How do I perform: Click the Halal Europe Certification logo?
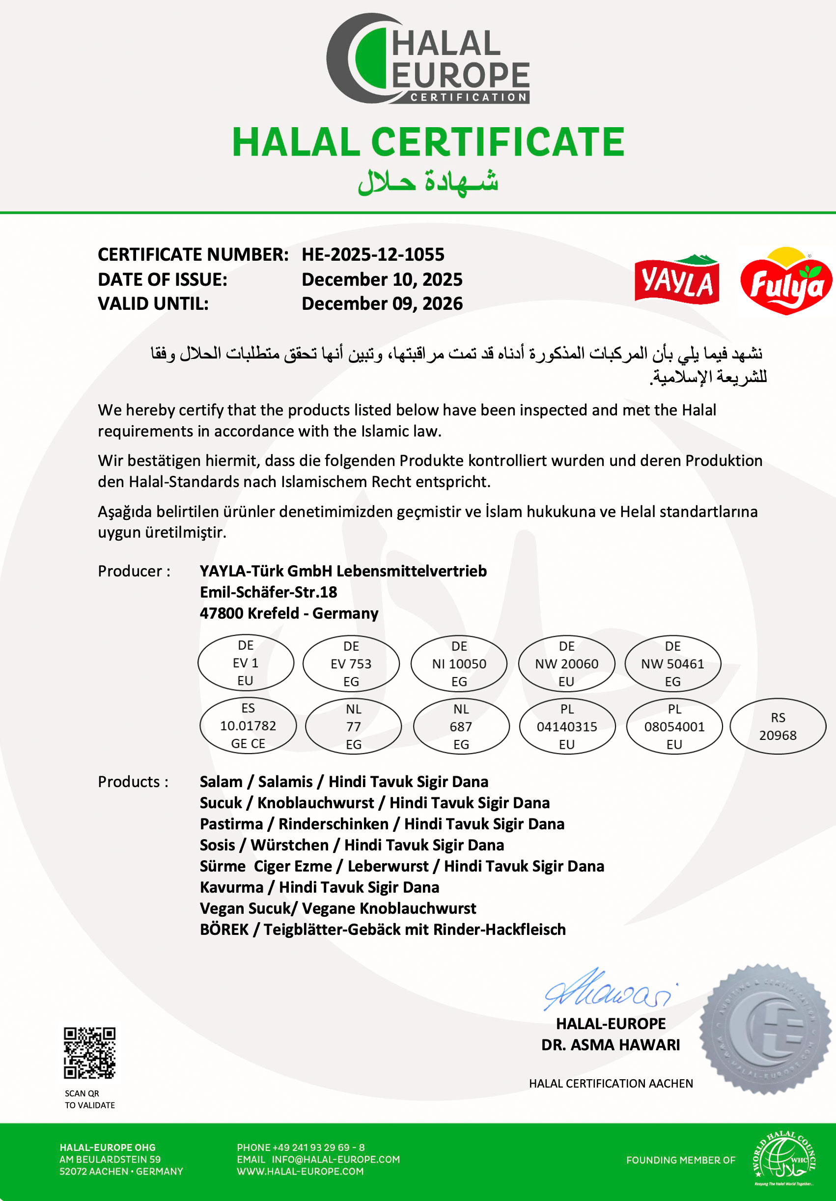[x=427, y=58]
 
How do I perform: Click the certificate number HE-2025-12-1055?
[x=372, y=255]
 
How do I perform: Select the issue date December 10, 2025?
[x=382, y=279]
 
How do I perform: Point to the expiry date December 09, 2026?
[x=382, y=303]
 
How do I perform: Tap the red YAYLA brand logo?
[x=676, y=280]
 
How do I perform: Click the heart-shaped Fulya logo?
[x=785, y=282]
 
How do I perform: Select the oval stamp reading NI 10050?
[x=459, y=664]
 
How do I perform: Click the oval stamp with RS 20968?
[x=778, y=727]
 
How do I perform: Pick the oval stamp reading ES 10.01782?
[x=248, y=726]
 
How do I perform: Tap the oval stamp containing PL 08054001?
[x=674, y=727]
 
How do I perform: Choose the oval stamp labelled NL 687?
[x=461, y=727]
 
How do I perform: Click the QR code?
[x=89, y=1053]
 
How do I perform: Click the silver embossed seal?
[x=765, y=1029]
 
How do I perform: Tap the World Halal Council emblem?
[x=783, y=1159]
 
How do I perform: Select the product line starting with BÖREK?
[x=383, y=929]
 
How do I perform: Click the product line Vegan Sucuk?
[x=337, y=908]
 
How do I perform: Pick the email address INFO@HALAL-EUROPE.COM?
[x=335, y=1159]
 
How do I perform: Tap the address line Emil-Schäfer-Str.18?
[x=268, y=592]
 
